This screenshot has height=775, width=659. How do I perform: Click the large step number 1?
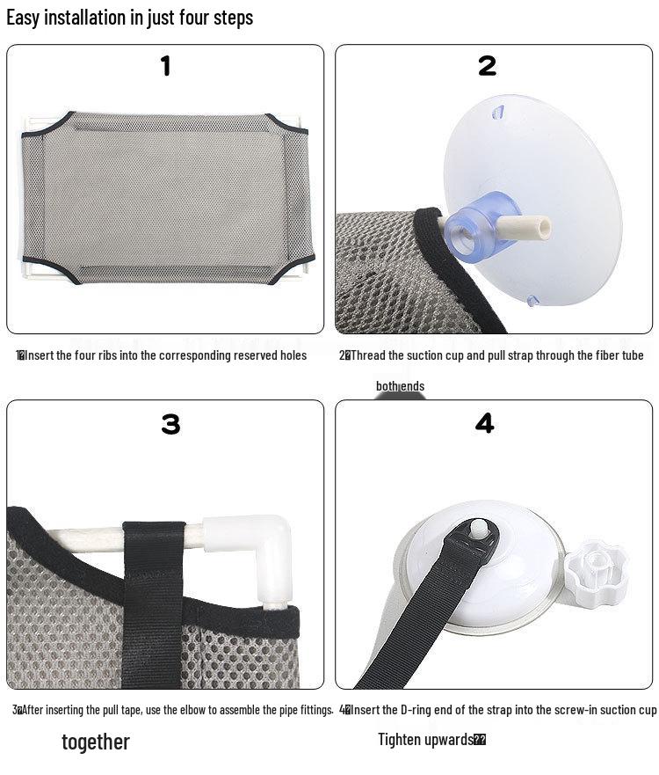(x=165, y=67)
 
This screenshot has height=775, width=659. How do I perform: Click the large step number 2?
(x=487, y=66)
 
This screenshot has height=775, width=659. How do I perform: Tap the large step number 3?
(x=170, y=425)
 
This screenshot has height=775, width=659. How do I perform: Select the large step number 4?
(x=484, y=423)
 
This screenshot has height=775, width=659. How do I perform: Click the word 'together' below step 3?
(x=96, y=742)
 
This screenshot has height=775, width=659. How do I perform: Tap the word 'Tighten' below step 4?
(x=400, y=740)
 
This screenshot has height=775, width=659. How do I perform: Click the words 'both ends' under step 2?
(x=400, y=386)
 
